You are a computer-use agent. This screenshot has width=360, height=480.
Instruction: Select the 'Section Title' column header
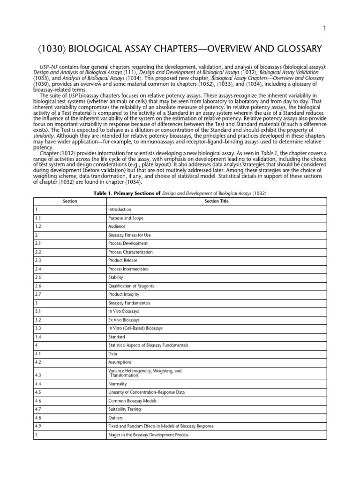point(215,201)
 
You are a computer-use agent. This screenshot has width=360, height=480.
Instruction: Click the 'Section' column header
point(70,201)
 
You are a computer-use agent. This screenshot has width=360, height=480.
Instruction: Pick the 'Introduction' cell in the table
point(120,210)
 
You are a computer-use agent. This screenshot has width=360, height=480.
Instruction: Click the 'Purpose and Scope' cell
point(126,218)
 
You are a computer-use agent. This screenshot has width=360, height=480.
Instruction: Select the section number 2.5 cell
point(38,277)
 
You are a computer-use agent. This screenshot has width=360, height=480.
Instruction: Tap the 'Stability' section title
point(116,277)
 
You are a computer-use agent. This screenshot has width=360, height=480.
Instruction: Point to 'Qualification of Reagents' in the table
point(131,286)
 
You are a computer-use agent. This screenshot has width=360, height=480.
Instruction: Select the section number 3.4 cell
point(38,337)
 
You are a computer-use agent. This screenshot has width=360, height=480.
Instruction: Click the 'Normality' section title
point(118,384)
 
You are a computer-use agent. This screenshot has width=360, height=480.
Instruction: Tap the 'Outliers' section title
point(116,418)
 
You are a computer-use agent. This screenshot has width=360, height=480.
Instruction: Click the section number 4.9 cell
point(38,426)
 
